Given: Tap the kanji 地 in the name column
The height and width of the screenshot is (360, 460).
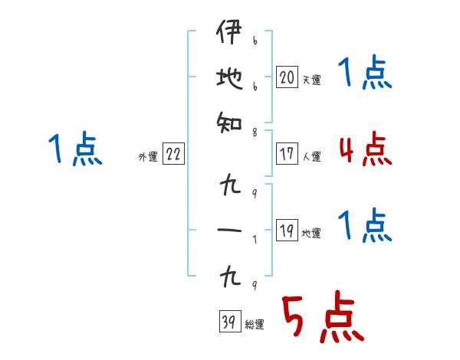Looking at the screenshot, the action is click(x=229, y=78).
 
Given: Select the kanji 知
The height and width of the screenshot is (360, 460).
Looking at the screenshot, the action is click(x=229, y=121).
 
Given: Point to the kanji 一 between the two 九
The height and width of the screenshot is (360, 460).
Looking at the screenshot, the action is click(x=229, y=230).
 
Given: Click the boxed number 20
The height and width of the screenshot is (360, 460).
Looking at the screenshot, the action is click(x=287, y=77).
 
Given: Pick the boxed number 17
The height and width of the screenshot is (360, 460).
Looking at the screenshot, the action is click(x=287, y=154).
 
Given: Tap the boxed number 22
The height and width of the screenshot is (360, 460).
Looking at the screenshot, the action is click(x=173, y=155).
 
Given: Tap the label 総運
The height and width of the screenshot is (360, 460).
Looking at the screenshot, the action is click(x=254, y=325).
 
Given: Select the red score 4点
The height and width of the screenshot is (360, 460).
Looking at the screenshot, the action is click(x=365, y=149).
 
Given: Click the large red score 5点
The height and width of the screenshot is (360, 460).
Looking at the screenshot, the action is click(x=322, y=319).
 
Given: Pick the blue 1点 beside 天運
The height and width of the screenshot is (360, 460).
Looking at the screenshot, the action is click(x=365, y=74).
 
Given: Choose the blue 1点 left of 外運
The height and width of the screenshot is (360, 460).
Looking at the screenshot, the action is click(x=74, y=149).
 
